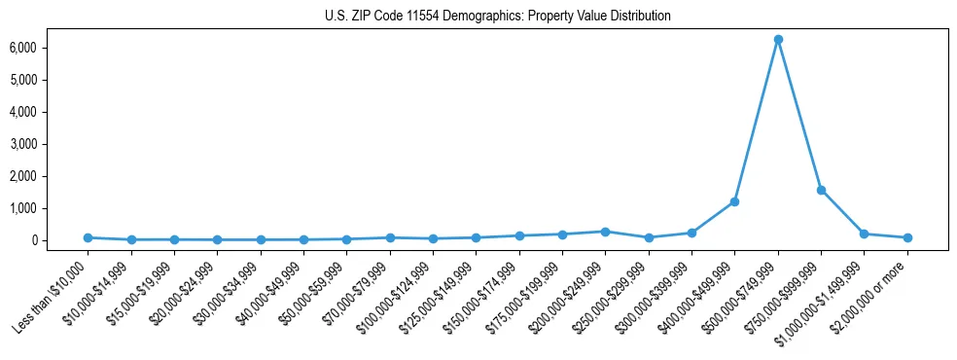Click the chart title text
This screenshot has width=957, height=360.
pos(498,17)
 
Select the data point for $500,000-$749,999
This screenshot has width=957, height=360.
pos(778,39)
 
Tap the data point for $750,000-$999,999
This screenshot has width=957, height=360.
pos(821,190)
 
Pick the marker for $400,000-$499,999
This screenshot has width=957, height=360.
pos(734,201)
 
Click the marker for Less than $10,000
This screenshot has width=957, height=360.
pos(88,237)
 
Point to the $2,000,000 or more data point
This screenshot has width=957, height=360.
pos(907,237)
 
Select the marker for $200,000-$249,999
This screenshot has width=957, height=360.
pos(605,232)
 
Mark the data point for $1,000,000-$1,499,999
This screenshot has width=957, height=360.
pos(865,234)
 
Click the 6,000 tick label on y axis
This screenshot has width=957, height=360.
pos(51,48)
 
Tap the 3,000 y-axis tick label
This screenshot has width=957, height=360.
pos(51,144)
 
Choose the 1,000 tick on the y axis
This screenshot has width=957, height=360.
pos(51,208)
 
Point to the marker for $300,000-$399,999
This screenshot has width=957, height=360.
pos(691,233)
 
